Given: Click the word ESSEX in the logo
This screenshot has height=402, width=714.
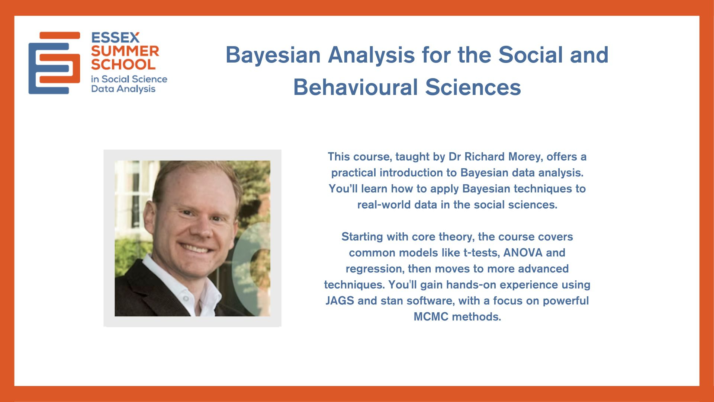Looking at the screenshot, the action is coord(115,38).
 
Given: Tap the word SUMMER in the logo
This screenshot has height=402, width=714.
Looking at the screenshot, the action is coord(125,51).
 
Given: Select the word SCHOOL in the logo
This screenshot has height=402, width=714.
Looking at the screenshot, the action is coord(123,64).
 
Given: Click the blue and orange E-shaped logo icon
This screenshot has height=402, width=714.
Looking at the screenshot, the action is coord(54,63).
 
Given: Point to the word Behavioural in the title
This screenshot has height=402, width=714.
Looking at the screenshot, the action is coord(356,87).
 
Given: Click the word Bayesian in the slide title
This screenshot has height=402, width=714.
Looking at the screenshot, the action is coord(273,55).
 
